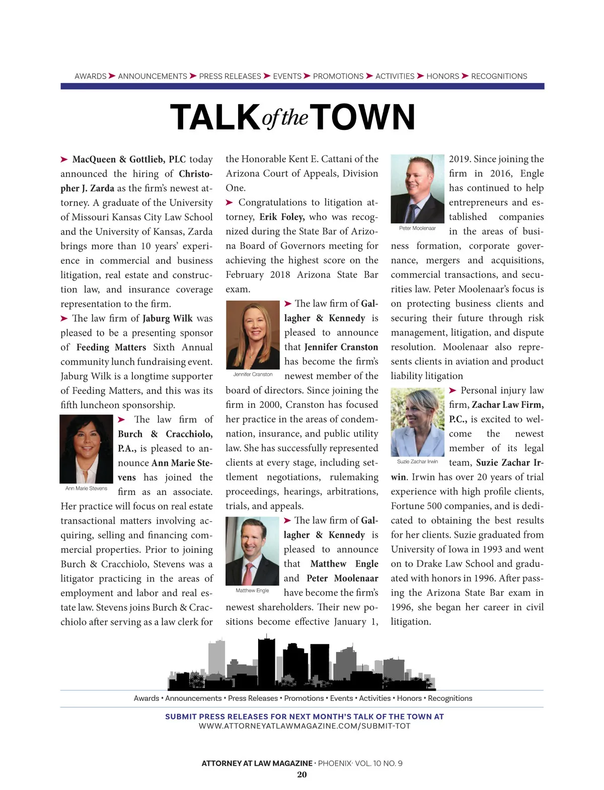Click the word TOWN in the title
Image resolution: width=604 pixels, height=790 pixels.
(x=365, y=117)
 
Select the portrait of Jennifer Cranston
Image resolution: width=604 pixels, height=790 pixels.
(x=253, y=335)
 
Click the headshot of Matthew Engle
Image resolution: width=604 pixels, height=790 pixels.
(x=252, y=551)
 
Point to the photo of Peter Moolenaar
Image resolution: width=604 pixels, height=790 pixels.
(x=417, y=189)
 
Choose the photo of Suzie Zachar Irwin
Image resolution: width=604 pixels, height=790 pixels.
(x=417, y=422)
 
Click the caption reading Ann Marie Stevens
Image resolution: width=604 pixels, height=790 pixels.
(x=86, y=488)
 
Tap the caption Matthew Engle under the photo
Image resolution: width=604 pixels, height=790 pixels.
(x=252, y=591)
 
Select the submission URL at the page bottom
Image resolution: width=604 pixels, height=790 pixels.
(x=305, y=726)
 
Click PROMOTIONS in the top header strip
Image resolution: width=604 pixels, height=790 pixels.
(x=338, y=77)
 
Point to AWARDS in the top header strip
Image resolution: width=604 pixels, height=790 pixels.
(x=91, y=77)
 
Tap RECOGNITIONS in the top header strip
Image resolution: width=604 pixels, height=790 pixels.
(x=499, y=77)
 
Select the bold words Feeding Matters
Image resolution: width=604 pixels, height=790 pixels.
(x=111, y=347)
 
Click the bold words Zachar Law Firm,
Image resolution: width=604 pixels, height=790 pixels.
(x=507, y=405)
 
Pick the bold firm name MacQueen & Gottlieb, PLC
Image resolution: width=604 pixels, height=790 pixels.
(x=129, y=160)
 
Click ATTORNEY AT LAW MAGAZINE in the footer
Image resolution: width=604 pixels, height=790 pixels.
(x=257, y=763)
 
